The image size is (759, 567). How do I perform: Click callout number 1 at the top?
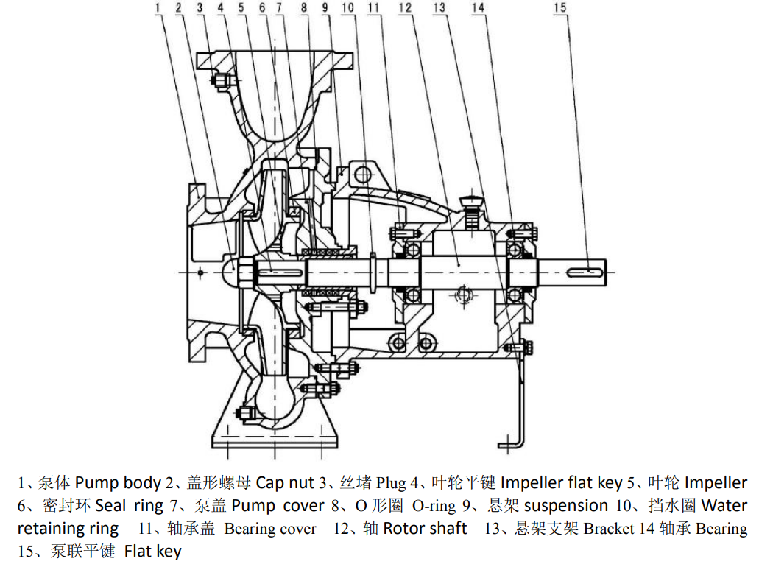(158, 8)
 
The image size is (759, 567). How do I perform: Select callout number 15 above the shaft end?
(561, 8)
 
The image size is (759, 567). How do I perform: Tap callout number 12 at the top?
(403, 8)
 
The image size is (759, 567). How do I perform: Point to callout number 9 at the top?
(324, 8)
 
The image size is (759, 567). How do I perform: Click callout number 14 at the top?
(479, 8)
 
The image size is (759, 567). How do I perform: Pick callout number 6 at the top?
(261, 8)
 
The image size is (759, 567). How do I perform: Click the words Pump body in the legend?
(117, 483)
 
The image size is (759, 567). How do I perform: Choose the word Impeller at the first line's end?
(716, 483)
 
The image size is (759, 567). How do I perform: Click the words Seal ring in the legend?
(129, 506)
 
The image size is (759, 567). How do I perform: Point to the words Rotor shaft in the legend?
(425, 529)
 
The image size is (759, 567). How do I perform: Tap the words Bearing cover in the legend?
(270, 529)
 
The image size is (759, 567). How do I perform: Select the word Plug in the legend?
(391, 483)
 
